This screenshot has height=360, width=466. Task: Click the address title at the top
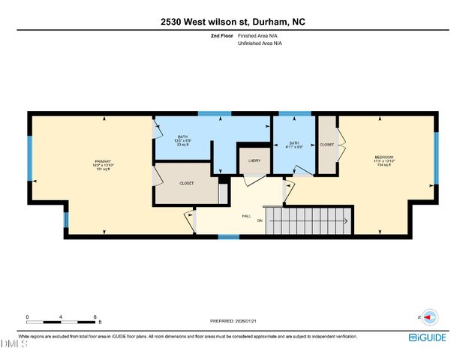point(233,22)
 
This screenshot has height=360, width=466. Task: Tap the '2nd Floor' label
point(221,36)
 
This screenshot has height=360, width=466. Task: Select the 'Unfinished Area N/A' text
point(260,43)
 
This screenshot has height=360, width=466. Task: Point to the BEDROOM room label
point(383,157)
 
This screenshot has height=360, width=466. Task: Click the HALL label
point(245,215)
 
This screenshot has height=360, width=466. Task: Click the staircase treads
point(308,221)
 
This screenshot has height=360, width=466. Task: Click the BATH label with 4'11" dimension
point(294,143)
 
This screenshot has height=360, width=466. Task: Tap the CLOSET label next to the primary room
point(188,182)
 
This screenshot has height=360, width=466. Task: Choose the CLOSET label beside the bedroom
point(326,144)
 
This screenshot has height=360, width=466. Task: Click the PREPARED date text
point(233,317)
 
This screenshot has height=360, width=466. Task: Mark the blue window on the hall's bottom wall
point(229,237)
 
